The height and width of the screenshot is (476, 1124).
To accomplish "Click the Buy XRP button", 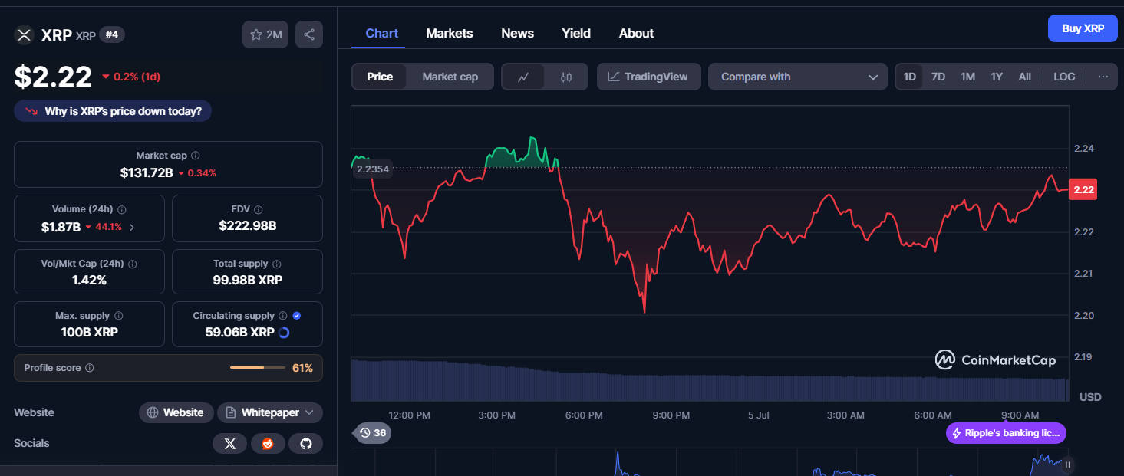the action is click(x=1083, y=28).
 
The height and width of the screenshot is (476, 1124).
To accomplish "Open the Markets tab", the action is click(x=449, y=34).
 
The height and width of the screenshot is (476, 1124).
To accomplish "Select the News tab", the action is click(x=517, y=34).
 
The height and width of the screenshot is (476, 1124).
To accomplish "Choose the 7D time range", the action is click(x=938, y=77).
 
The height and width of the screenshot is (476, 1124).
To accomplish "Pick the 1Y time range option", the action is click(x=996, y=77).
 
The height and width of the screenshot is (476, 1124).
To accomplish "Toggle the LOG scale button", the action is click(x=1064, y=77).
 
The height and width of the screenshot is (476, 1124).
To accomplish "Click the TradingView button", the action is click(x=648, y=77).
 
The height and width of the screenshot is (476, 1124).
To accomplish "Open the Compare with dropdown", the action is click(x=797, y=77).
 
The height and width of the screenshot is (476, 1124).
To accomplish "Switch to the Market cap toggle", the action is click(x=450, y=77).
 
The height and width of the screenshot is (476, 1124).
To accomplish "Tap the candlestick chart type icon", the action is click(x=566, y=77).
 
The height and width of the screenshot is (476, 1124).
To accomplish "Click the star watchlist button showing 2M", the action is click(x=265, y=34).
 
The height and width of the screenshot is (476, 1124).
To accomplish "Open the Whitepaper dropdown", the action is click(x=270, y=412).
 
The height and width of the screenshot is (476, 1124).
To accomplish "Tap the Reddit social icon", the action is click(x=268, y=444).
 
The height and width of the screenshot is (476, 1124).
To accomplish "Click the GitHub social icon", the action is click(x=305, y=444).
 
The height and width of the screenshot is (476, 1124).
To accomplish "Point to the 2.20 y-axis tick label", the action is click(x=1083, y=315).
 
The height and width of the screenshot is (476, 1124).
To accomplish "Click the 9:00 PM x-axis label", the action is click(x=671, y=415).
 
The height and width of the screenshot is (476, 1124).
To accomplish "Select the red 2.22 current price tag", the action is click(x=1083, y=189).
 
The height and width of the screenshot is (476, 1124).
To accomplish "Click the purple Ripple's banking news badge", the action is click(x=1006, y=433).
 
